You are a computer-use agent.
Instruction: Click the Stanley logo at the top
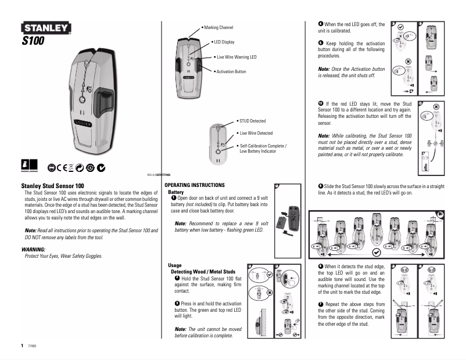coord(46,28)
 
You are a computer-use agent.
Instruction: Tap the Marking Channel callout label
coord(218,27)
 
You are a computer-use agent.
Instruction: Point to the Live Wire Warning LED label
coord(235,57)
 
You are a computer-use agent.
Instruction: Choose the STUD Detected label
coord(252,121)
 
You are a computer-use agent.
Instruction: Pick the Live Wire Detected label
coord(256,133)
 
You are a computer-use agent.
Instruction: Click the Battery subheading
coord(175,192)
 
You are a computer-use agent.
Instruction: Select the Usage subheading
coord(174,265)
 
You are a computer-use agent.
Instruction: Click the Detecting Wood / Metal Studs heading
coord(203,272)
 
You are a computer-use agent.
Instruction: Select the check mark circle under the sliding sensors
coord(377,253)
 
